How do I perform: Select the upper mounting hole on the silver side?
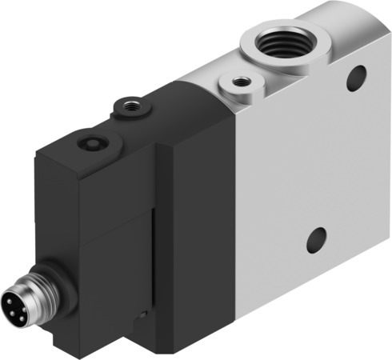(357, 78)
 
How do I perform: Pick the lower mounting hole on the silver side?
(317, 239)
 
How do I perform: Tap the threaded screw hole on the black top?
(130, 106)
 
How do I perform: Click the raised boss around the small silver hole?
(239, 89)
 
